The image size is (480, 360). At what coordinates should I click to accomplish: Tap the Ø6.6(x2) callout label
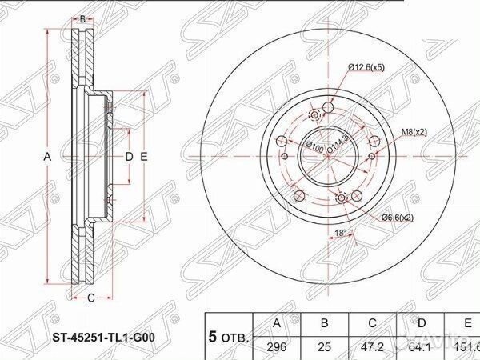398,218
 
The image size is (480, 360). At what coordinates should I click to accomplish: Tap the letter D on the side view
129,157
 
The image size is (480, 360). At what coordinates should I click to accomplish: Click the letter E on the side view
144,157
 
